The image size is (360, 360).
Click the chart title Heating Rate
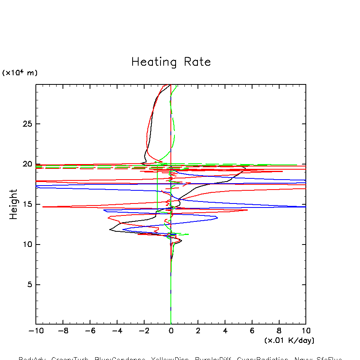[171, 62]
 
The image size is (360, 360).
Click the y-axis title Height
[14, 204]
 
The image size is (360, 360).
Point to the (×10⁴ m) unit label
[20, 72]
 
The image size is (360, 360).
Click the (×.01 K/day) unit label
[289, 340]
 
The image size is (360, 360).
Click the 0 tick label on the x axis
[171, 331]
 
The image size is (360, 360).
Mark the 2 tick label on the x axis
[198, 331]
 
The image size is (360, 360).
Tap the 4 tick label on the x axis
[225, 331]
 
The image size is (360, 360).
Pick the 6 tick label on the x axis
[252, 331]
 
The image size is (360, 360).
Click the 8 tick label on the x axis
[279, 331]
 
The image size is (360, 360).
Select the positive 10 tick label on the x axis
[306, 331]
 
